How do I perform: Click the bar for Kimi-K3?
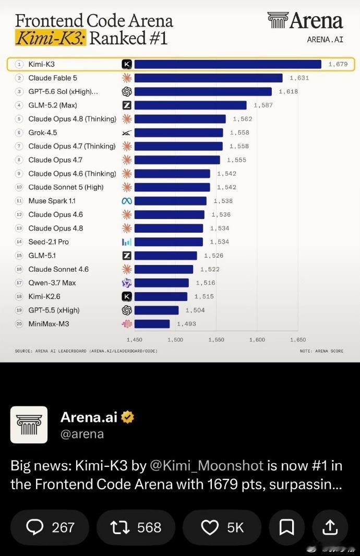[x=227, y=64]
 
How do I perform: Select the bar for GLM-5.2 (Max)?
[x=190, y=105]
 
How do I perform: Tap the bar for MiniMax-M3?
[x=152, y=324]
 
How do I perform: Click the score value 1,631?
[x=299, y=78]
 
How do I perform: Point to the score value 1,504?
[x=195, y=310]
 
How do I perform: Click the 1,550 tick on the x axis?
[x=217, y=340]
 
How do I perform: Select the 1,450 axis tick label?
[x=135, y=340]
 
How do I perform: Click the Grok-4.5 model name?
[x=43, y=132]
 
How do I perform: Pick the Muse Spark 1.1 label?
[x=52, y=201]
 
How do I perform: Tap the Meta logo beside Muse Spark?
[x=127, y=201]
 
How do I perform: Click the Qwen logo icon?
[x=127, y=283]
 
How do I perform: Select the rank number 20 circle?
[x=19, y=324]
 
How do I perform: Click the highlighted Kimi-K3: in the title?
[x=51, y=38]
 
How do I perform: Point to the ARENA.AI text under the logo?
[x=325, y=40]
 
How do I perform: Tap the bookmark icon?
[x=286, y=527]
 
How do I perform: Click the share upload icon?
[x=330, y=527]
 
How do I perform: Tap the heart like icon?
[x=210, y=528]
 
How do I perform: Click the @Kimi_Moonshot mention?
[x=207, y=466]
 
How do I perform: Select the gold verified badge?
[x=128, y=417]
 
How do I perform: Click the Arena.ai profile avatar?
[x=29, y=425]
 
